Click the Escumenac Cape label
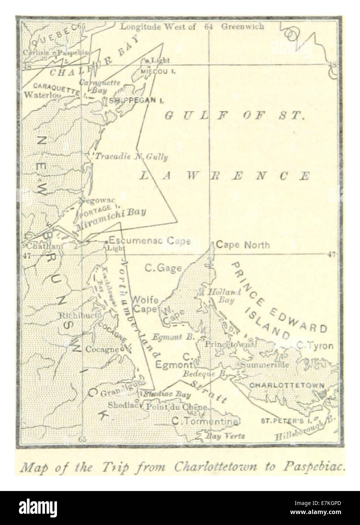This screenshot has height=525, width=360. tap(149, 241)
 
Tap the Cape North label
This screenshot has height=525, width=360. tap(243, 245)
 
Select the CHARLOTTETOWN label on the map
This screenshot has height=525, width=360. tap(287, 386)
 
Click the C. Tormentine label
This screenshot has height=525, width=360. tap(205, 421)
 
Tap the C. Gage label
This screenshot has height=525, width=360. tap(163, 268)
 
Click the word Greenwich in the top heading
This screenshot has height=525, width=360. tap(243, 26)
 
